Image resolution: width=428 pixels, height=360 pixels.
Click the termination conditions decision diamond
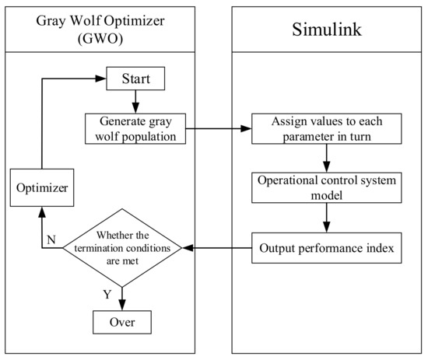coord(121,248)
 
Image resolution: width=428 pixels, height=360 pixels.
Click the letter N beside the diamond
coord(50,241)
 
